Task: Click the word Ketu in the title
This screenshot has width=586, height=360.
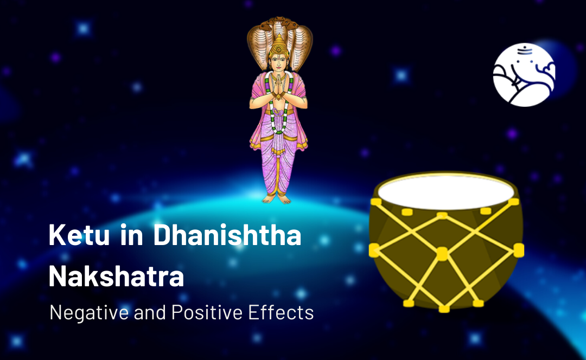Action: coord(79,235)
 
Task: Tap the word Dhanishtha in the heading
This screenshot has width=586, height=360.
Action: coord(227,235)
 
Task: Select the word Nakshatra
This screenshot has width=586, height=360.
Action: coord(116,277)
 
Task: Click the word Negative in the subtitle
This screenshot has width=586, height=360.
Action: coord(89,313)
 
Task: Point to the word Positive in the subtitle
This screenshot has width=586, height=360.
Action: coord(207,312)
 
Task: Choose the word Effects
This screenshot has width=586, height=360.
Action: coord(281,312)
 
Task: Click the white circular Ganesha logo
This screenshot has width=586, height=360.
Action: coord(524,75)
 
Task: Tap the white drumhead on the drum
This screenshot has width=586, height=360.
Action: coord(446,192)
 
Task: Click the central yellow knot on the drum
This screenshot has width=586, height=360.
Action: coord(442,254)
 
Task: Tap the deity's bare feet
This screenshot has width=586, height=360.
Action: coord(277,198)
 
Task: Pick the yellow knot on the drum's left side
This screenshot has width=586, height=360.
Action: coord(374,250)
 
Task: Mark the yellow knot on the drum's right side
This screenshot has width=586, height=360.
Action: coord(519,250)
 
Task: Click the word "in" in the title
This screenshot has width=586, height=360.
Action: coord(131,235)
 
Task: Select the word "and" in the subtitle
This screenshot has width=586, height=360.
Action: coord(150,312)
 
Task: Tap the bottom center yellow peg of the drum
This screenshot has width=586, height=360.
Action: coord(444,309)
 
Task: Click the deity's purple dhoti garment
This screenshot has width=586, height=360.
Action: coord(278,157)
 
